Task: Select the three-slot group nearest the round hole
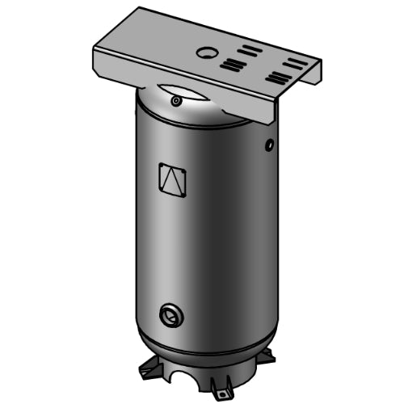pos(233,64)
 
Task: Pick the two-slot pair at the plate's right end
pos(292,64)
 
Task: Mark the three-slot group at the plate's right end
pos(279,78)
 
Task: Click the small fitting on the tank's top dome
pos(175,101)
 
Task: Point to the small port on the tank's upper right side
pos(269,145)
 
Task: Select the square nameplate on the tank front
pos(174,179)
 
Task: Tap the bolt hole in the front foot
pos(220,393)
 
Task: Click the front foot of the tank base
pos(218,388)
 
